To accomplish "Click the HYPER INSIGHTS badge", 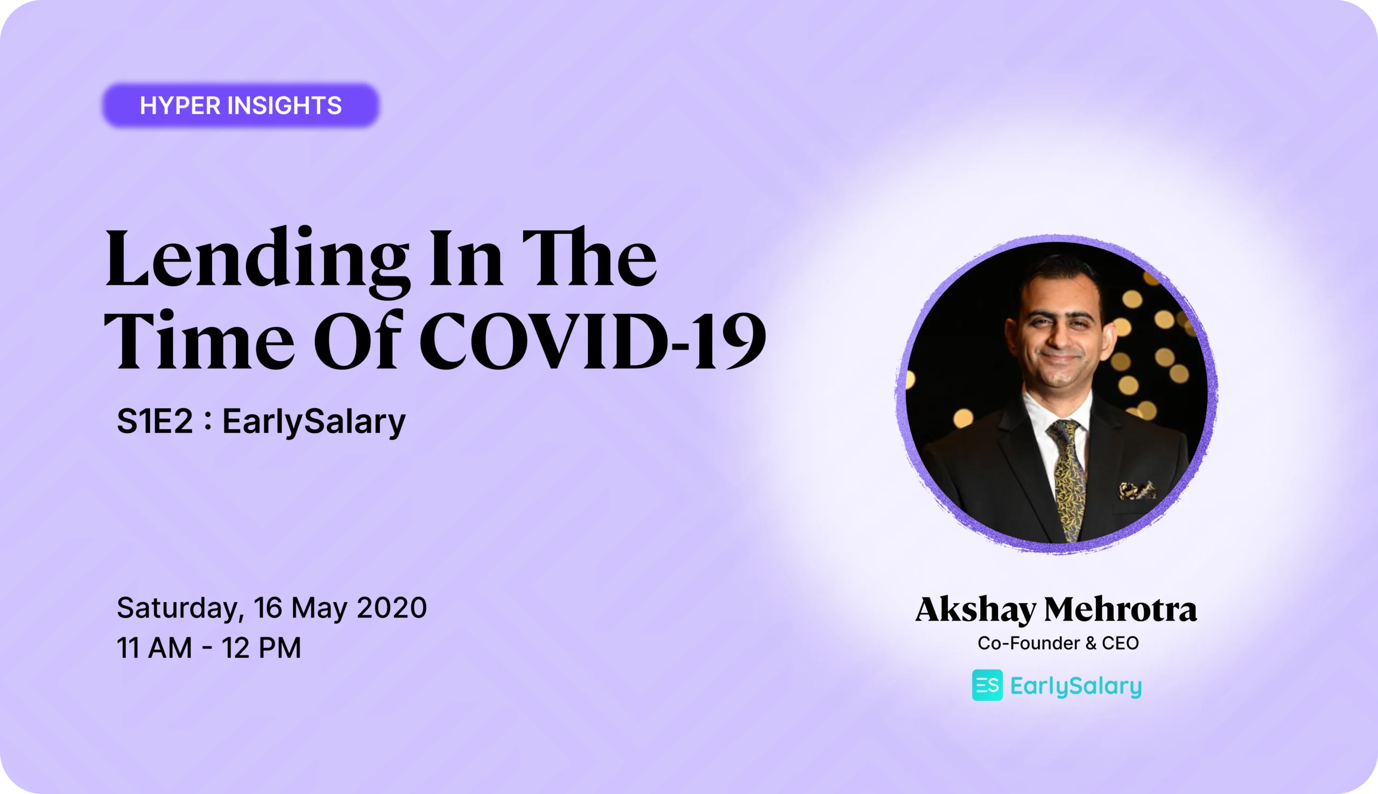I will [241, 105].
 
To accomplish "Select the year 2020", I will [392, 607].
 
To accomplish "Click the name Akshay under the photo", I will [975, 609].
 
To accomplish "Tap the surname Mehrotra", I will [1120, 609].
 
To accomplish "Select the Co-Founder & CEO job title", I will [1058, 643].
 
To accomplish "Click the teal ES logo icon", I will [987, 685].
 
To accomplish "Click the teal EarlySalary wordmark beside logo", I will [1076, 686].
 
